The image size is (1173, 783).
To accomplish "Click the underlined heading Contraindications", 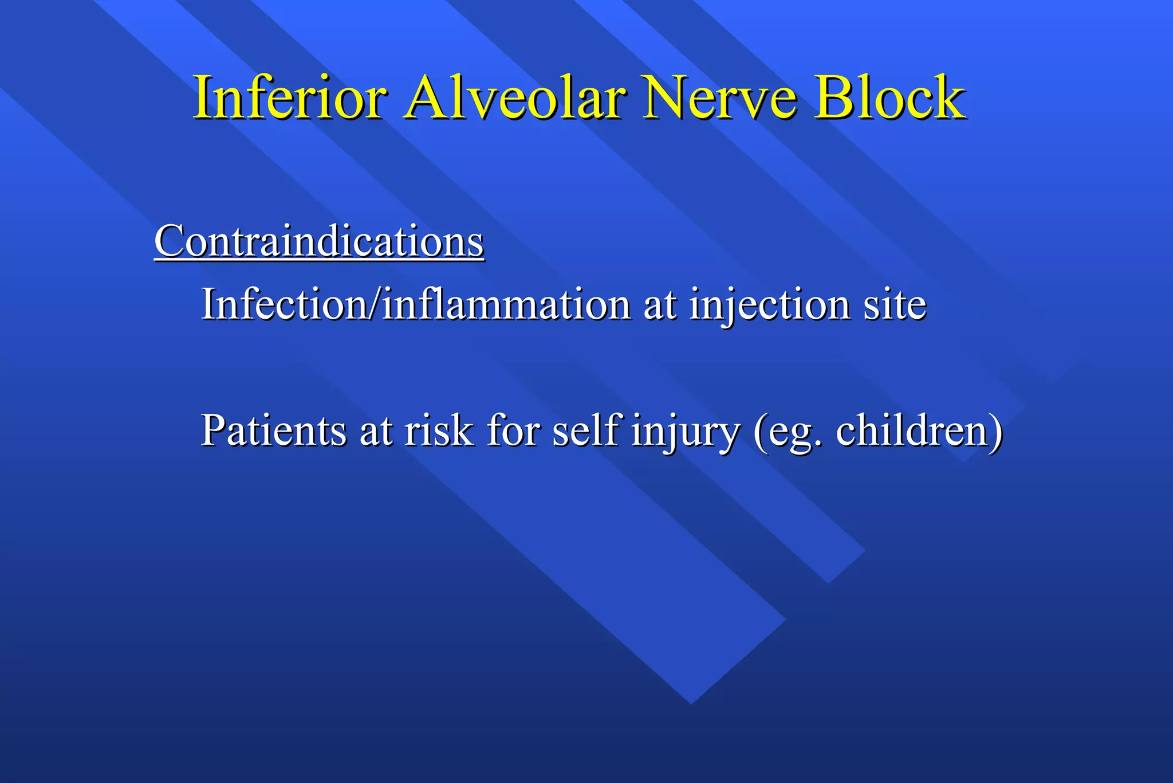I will click(319, 242).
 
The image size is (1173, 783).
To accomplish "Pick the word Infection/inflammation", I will click(416, 304).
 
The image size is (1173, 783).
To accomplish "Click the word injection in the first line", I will click(770, 306).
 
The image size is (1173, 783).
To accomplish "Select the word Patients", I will click(274, 430).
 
